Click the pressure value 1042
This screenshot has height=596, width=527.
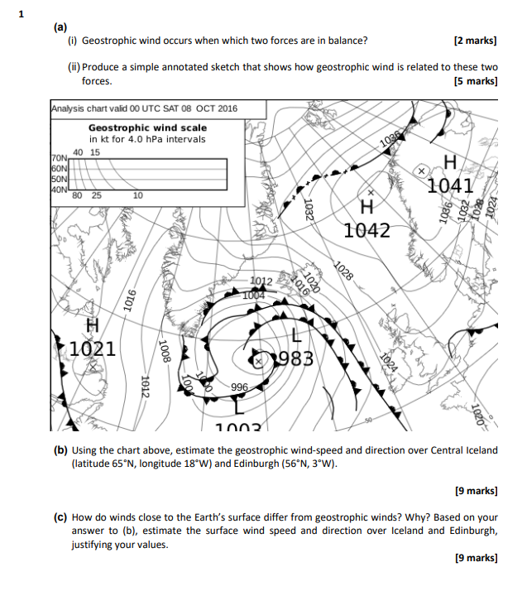pyautogui.click(x=367, y=229)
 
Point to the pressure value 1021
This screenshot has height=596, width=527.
pyautogui.click(x=92, y=348)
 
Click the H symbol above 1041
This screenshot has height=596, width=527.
pyautogui.click(x=449, y=161)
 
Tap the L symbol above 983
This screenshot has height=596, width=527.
pyautogui.click(x=295, y=334)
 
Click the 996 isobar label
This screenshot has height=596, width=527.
pyautogui.click(x=240, y=387)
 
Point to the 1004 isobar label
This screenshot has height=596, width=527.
pyautogui.click(x=254, y=295)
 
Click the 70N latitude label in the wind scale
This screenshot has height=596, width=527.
pyautogui.click(x=59, y=157)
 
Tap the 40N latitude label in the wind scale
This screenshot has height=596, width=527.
pyautogui.click(x=58, y=190)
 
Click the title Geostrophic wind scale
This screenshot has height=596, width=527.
pyautogui.click(x=147, y=128)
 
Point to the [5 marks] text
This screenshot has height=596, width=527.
pyautogui.click(x=476, y=81)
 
